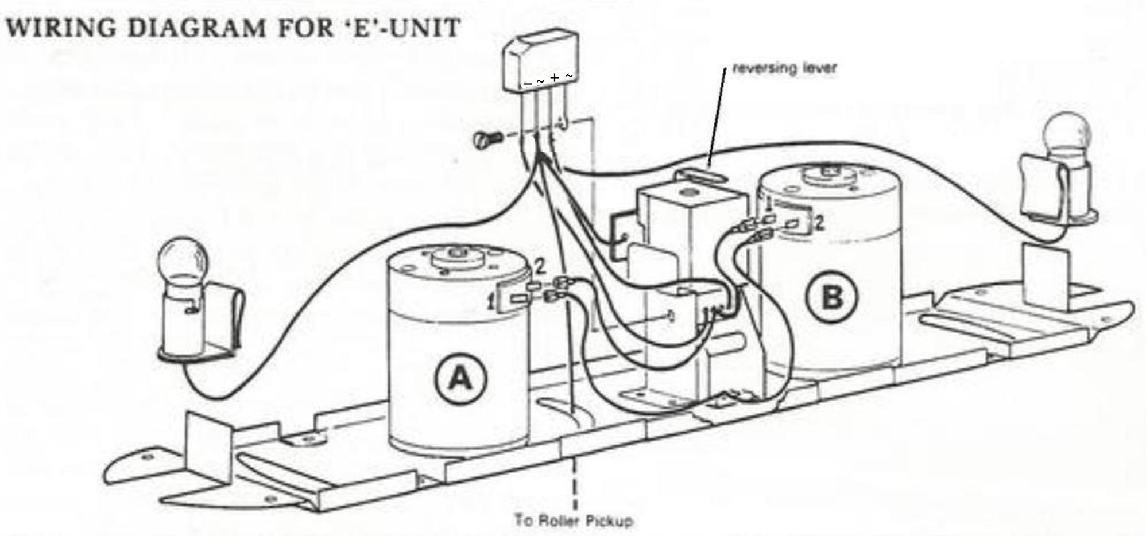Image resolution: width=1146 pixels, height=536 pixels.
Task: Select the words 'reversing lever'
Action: (x=784, y=68)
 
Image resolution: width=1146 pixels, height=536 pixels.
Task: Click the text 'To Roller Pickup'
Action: (x=574, y=521)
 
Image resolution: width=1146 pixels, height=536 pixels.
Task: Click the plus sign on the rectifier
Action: (x=555, y=77)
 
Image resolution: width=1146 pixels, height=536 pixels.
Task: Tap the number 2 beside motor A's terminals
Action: (x=539, y=266)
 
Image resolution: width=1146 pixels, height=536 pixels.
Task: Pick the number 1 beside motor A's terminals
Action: (x=491, y=302)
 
